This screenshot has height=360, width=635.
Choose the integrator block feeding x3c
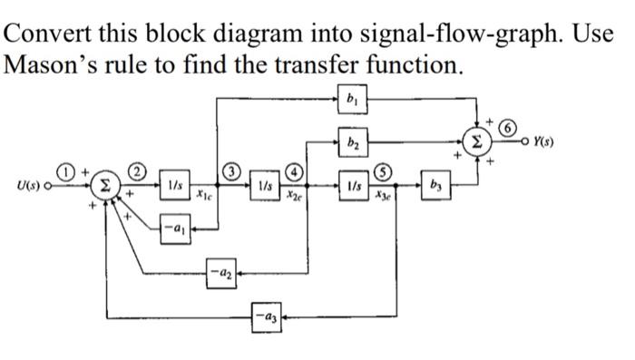[353, 187]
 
